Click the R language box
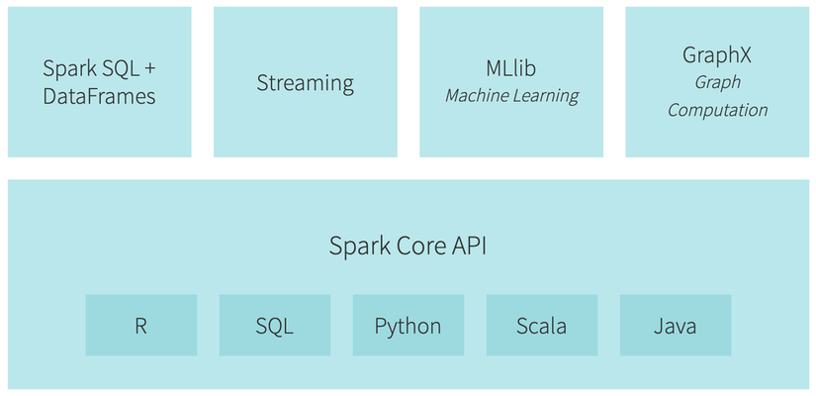[x=141, y=326]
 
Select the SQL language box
[x=274, y=326]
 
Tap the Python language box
[x=408, y=326]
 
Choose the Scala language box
[x=542, y=326]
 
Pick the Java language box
[x=676, y=326]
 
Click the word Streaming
[x=306, y=83]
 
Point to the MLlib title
[x=511, y=69]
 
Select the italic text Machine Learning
[x=511, y=96]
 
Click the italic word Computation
[x=717, y=110]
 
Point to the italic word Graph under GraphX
[x=717, y=83]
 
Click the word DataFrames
[x=99, y=96]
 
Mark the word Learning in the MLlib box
[x=545, y=96]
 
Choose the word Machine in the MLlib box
[x=477, y=96]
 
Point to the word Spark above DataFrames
[x=65, y=69]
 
